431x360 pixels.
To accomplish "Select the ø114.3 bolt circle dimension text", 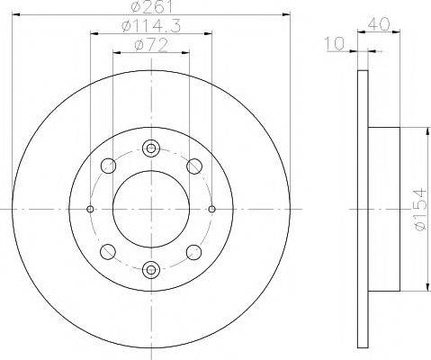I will click(148, 27).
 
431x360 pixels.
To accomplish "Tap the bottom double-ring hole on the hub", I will click(150, 266).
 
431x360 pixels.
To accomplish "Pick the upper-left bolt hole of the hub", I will click(108, 166).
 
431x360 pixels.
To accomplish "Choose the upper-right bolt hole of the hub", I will click(193, 166).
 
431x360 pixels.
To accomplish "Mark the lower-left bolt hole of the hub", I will click(108, 250).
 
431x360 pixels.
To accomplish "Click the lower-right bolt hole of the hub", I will click(193, 250).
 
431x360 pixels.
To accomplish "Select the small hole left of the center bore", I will click(90, 209).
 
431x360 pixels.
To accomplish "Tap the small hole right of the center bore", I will click(211, 209).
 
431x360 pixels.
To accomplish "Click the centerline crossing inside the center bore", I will click(150, 209).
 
